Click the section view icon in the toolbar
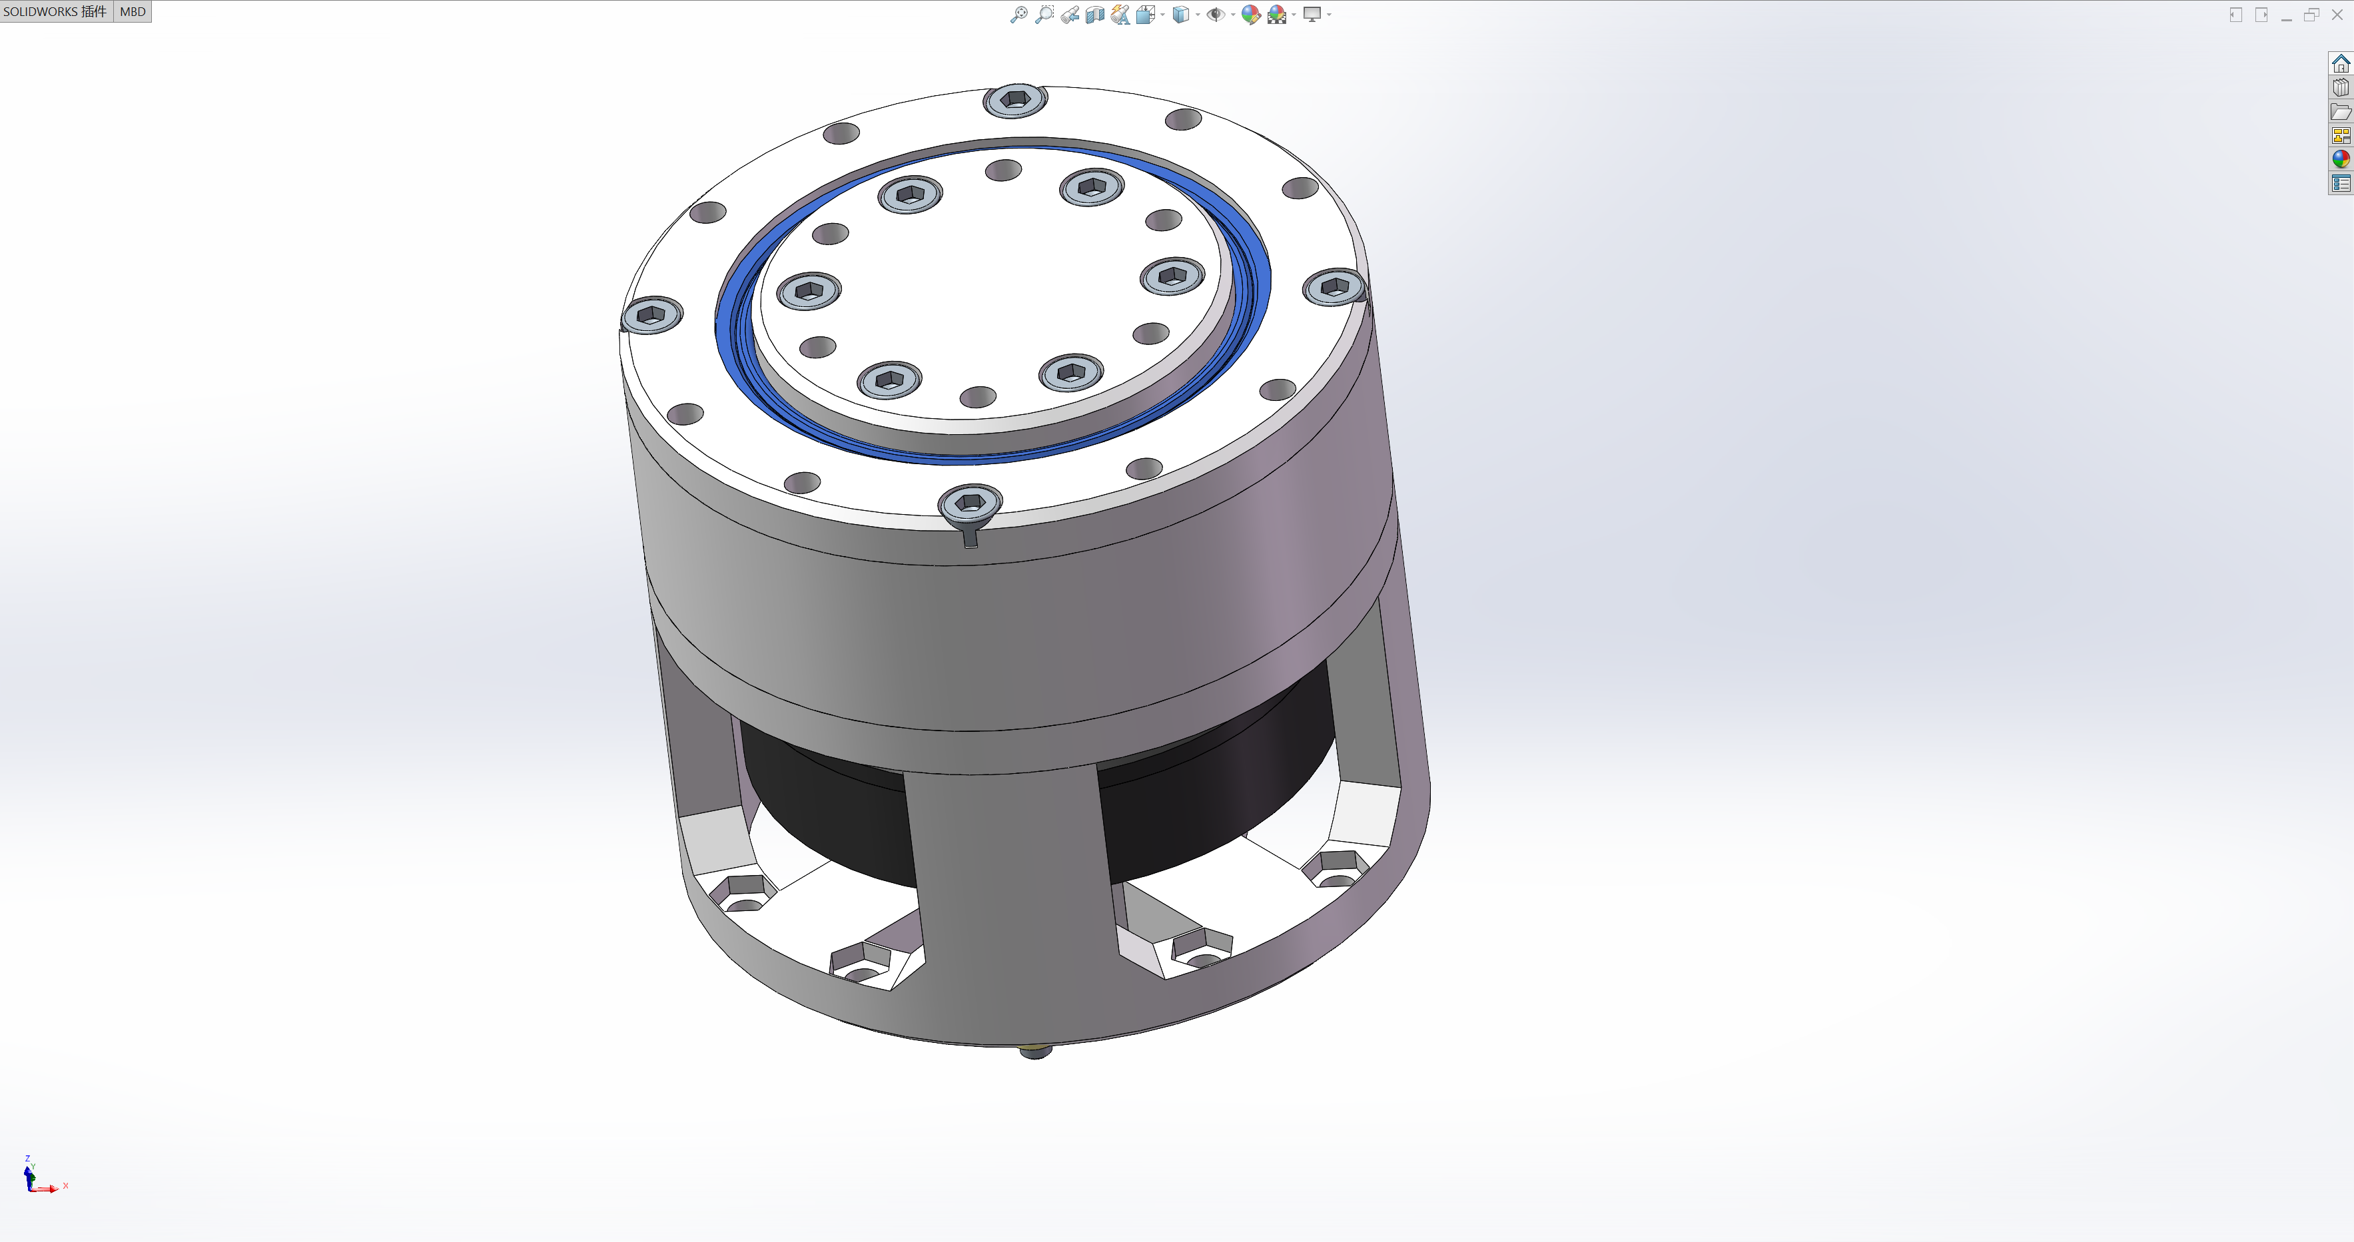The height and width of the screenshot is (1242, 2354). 1095,15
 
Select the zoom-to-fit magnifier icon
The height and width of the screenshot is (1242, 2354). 1018,15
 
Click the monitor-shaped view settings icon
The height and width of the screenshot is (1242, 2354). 1312,15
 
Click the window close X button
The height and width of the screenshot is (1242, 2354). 2337,15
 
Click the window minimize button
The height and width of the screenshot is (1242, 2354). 2286,15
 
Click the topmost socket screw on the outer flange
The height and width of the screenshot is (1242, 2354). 1014,99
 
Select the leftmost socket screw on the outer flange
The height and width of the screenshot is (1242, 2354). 651,315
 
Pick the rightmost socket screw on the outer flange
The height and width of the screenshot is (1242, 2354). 1334,287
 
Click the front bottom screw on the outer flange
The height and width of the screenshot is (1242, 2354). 971,503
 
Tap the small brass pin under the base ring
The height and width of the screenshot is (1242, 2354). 1034,1052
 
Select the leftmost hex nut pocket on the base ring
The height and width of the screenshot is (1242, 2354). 745,890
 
